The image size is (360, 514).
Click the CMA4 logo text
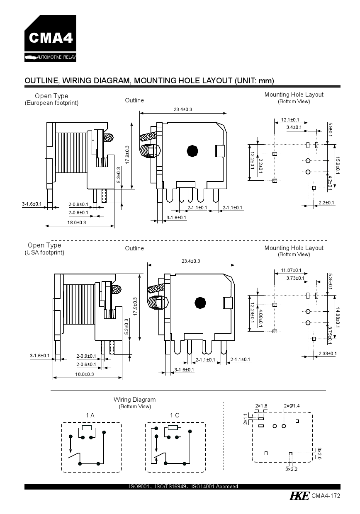pyautogui.click(x=51, y=38)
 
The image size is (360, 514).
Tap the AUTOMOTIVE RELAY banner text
pyautogui.click(x=56, y=57)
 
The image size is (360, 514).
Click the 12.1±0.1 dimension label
pyautogui.click(x=290, y=120)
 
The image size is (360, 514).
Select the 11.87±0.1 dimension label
pyautogui.click(x=291, y=270)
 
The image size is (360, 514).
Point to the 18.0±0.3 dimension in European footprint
pyautogui.click(x=77, y=223)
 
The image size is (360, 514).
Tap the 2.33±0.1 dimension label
pyautogui.click(x=328, y=354)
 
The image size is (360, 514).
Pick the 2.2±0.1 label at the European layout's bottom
pyautogui.click(x=326, y=203)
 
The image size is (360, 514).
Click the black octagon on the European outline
pyautogui.click(x=192, y=151)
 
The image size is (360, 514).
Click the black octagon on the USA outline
pyautogui.click(x=200, y=303)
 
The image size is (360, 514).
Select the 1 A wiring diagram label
pyautogui.click(x=90, y=415)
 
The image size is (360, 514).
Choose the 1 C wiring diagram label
pyautogui.click(x=175, y=415)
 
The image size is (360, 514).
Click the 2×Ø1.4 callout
pyautogui.click(x=292, y=406)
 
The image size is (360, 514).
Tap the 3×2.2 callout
pyautogui.click(x=291, y=469)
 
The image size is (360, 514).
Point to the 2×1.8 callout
pyautogui.click(x=261, y=406)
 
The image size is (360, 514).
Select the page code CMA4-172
pyautogui.click(x=326, y=496)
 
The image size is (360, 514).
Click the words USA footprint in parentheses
pyautogui.click(x=44, y=252)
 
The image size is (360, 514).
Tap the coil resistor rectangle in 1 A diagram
pyautogui.click(x=87, y=428)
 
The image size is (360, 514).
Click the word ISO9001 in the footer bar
pyautogui.click(x=139, y=487)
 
